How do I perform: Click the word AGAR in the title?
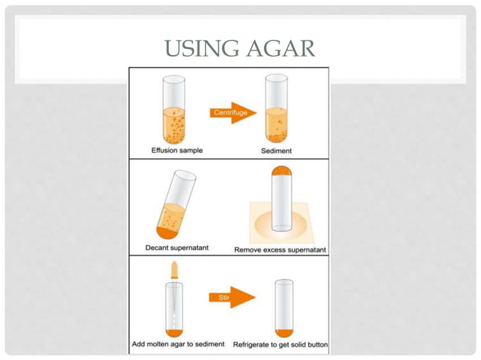[x=281, y=48]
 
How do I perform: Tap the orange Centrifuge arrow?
[x=233, y=113]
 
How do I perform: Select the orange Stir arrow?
[x=232, y=297]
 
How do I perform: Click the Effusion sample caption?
[x=177, y=151]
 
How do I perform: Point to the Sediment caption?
[x=277, y=151]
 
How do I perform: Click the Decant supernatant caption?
[x=177, y=248]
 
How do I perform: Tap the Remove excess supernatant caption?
[x=280, y=250]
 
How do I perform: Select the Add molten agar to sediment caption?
[x=178, y=344]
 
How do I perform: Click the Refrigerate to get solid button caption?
[x=280, y=345]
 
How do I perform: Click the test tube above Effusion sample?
[x=174, y=110]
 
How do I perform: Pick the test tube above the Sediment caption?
[x=277, y=108]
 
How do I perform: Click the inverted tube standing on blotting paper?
[x=282, y=199]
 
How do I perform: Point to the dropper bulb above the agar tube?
[x=174, y=270]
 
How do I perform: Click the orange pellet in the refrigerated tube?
[x=284, y=333]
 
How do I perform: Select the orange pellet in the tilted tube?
[x=166, y=233]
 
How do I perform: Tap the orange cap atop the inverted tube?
[x=282, y=171]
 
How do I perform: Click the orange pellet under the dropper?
[x=174, y=333]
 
